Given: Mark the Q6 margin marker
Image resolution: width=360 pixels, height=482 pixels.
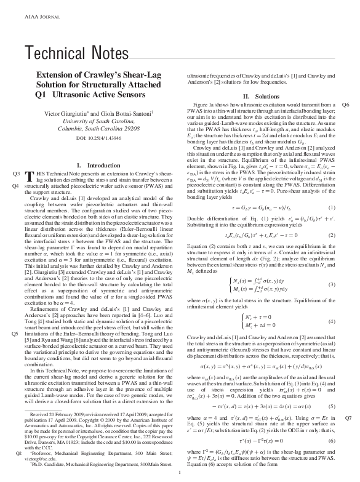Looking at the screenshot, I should tap(346, 105).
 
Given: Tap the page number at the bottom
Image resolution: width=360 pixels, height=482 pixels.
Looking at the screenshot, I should tap(178, 473).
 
